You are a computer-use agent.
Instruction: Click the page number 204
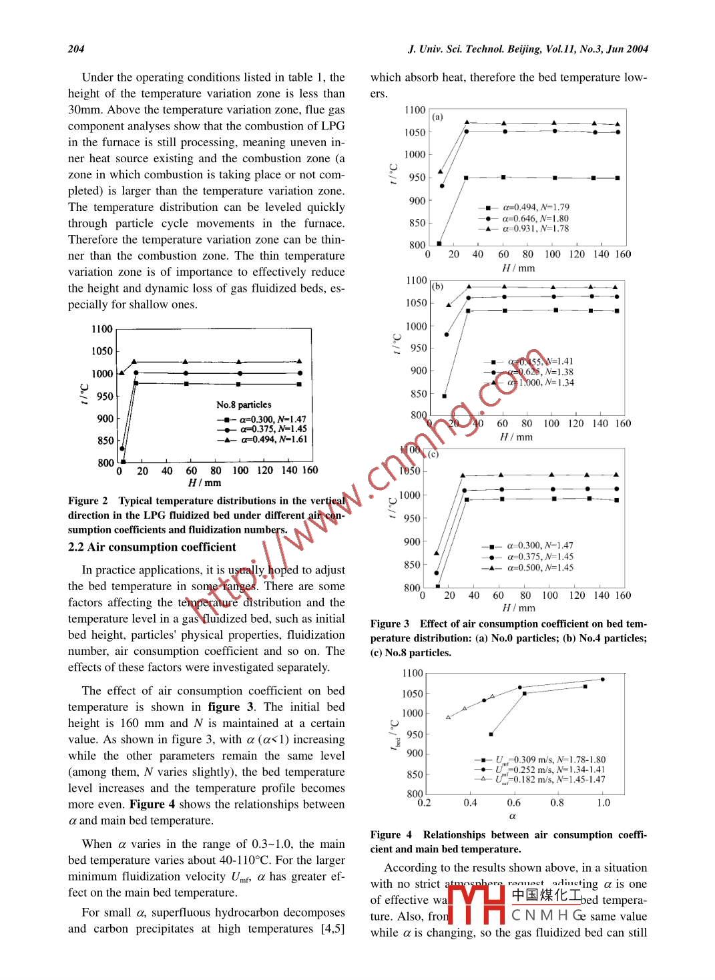point(76,49)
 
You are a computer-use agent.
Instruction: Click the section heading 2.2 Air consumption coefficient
point(152,547)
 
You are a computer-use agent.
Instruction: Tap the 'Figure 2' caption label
point(87,501)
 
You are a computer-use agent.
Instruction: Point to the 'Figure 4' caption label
point(391,834)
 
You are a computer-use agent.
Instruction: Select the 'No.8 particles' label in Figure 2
point(244,405)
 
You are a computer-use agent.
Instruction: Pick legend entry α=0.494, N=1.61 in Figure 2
point(273,439)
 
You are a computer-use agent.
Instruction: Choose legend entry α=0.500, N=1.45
point(540,568)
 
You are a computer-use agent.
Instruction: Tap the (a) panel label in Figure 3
point(437,117)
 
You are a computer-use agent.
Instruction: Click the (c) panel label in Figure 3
point(433,454)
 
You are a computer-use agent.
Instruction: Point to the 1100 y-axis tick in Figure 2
point(102,329)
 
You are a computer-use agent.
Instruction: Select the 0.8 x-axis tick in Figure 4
point(557,802)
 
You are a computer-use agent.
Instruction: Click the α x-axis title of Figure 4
point(512,816)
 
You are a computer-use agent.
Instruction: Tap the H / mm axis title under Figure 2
point(204,483)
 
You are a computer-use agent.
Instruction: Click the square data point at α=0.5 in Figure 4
point(491,734)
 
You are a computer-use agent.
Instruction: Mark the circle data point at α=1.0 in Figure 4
point(603,680)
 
